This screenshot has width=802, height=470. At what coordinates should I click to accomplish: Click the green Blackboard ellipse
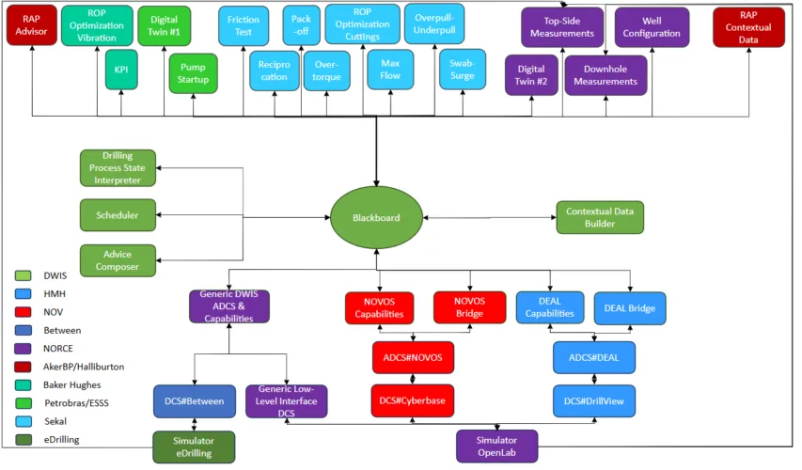376,218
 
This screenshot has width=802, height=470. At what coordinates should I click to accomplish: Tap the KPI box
121,70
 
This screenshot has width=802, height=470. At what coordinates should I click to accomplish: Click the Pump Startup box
193,74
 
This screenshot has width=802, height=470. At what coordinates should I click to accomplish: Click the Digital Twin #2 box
531,75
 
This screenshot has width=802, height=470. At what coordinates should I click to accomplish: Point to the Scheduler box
118,215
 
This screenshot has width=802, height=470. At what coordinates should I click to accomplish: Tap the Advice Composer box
118,260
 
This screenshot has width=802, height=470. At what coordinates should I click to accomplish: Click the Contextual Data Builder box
600,218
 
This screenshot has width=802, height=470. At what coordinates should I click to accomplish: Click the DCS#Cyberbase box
412,400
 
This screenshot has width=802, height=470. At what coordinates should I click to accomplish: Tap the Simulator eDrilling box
195,446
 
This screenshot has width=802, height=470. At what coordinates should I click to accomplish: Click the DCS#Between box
193,400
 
